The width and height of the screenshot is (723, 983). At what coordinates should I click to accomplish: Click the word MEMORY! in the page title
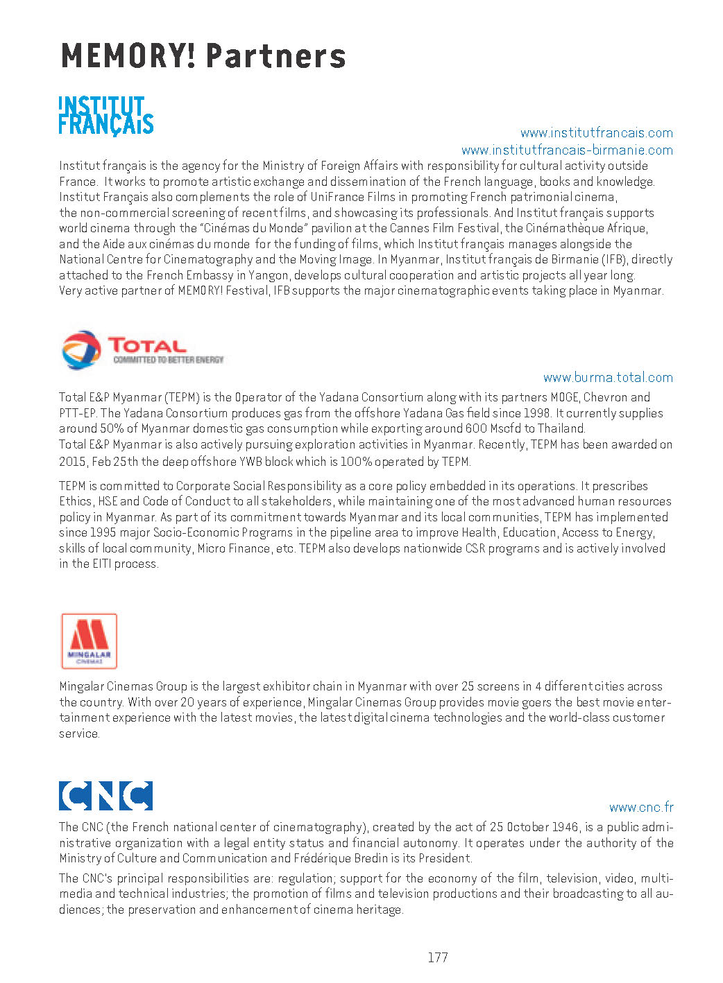click(x=128, y=56)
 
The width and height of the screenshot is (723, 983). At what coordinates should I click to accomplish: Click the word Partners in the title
click(x=275, y=56)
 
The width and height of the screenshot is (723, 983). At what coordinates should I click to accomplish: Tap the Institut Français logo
click(x=105, y=115)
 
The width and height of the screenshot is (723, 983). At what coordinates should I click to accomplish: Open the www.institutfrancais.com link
click(x=596, y=132)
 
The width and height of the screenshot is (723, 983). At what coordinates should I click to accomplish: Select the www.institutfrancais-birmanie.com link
click(x=567, y=150)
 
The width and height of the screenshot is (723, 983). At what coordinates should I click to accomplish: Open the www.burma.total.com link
click(x=608, y=377)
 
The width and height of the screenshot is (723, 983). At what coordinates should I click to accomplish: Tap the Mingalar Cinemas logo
click(x=89, y=641)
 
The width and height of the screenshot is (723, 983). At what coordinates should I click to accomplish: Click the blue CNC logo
click(x=105, y=795)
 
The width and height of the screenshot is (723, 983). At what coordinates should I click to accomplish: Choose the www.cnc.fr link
click(x=641, y=807)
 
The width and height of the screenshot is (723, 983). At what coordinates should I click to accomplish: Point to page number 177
click(x=438, y=957)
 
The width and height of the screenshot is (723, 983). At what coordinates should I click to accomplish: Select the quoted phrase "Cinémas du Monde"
click(x=253, y=228)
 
